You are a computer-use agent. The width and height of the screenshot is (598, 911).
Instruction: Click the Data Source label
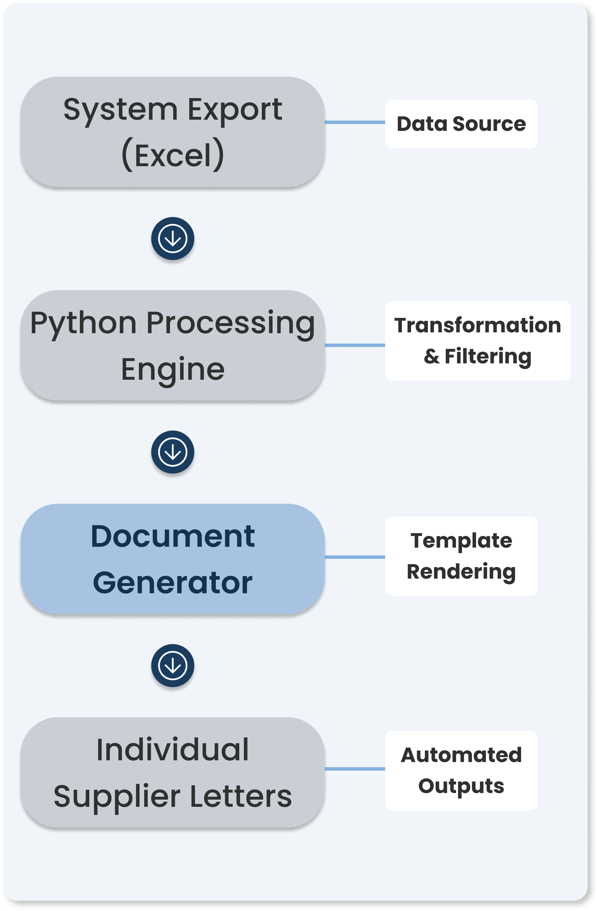coord(461,124)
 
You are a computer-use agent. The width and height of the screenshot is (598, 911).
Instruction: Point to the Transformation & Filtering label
coord(477,341)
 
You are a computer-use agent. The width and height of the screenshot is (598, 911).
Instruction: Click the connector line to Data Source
coord(355,122)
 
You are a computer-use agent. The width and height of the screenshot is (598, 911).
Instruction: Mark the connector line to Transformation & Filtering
coord(355,345)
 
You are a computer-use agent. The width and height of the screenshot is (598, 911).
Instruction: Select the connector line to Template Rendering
coord(355,557)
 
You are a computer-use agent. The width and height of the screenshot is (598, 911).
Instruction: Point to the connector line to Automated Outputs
coord(355,769)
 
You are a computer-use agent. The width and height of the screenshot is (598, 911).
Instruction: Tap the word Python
coord(83,324)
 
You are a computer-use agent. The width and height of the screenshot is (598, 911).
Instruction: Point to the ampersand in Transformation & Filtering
coord(431,356)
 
